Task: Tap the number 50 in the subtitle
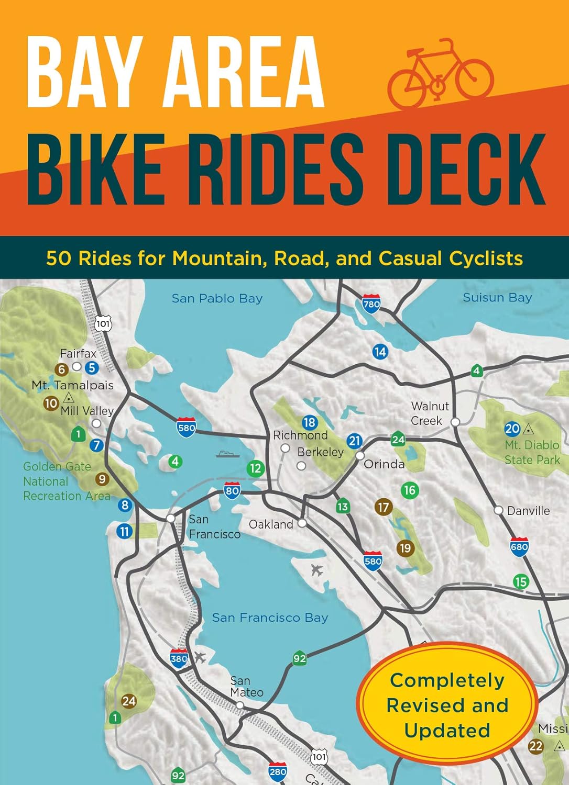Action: [58, 258]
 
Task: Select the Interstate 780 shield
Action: [371, 304]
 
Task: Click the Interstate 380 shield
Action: [179, 658]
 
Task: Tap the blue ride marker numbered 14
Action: [380, 352]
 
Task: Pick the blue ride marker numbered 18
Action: [310, 422]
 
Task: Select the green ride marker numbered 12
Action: [255, 468]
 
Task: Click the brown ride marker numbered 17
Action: [384, 507]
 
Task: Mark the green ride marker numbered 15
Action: [520, 581]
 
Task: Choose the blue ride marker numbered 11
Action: [124, 531]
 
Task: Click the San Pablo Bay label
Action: [217, 298]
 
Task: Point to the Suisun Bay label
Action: [497, 297]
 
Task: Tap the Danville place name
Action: [528, 511]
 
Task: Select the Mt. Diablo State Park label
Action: [532, 452]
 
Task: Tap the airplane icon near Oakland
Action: [316, 570]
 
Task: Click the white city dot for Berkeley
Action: [301, 465]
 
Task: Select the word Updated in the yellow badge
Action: [447, 730]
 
